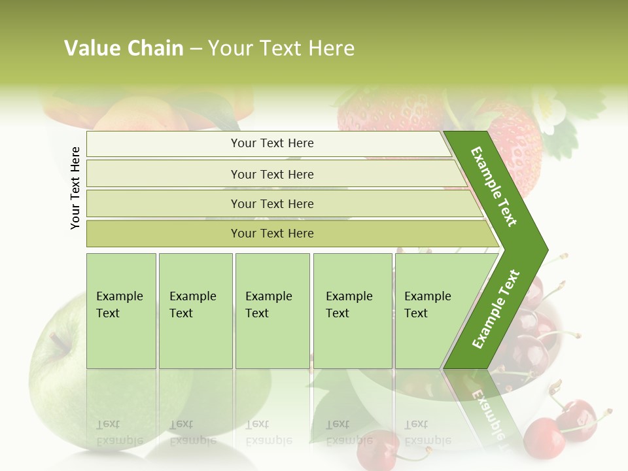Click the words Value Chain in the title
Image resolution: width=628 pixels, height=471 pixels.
click(x=124, y=48)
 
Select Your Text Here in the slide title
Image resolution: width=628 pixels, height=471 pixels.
click(x=281, y=48)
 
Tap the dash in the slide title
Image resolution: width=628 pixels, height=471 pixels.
click(x=196, y=49)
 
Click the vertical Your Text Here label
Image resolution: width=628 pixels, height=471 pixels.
click(x=75, y=188)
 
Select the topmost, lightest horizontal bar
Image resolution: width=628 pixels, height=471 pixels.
click(x=272, y=143)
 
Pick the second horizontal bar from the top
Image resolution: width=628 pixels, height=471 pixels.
click(x=272, y=174)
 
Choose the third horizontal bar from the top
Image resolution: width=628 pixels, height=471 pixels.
click(x=272, y=203)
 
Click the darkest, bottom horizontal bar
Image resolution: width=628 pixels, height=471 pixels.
click(x=272, y=234)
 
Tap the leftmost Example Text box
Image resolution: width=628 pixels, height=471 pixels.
click(x=121, y=311)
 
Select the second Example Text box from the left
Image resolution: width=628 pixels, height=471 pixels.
click(x=195, y=311)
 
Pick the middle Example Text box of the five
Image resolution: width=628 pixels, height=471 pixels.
click(x=272, y=311)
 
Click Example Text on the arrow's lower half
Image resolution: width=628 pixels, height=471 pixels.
click(x=496, y=309)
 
